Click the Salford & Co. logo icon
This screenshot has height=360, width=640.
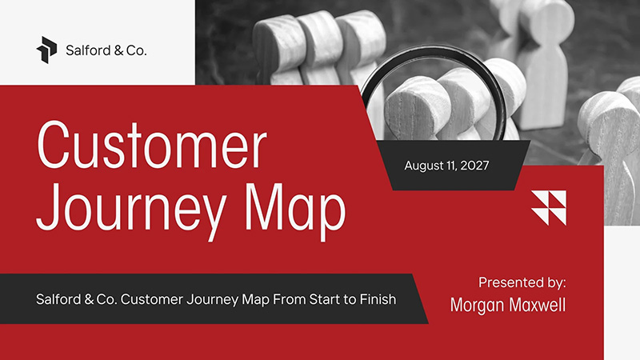tap(47, 49)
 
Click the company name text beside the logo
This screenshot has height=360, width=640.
tap(106, 50)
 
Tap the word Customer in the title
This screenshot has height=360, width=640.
tap(151, 146)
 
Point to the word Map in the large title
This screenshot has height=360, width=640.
tap(296, 208)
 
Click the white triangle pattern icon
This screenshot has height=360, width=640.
tap(549, 207)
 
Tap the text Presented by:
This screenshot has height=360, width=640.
tap(522, 282)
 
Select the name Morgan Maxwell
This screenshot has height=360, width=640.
tap(508, 305)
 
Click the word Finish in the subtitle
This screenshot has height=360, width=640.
tap(377, 300)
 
